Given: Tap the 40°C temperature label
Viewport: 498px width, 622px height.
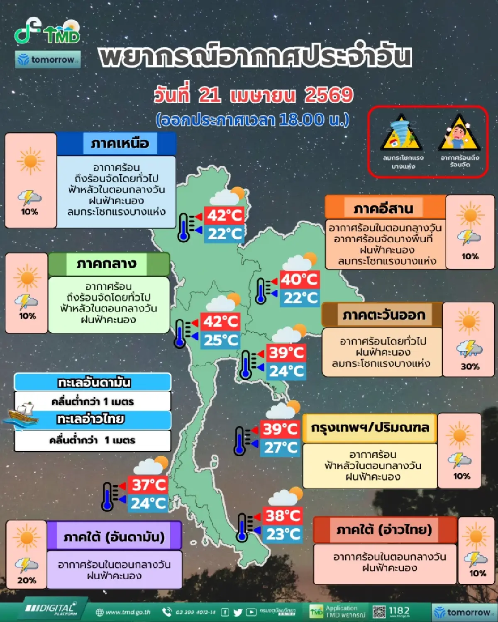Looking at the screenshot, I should click(299, 279).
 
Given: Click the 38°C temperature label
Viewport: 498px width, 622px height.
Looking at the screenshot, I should click(283, 516).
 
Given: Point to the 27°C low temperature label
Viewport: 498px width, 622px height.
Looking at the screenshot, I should click(281, 448).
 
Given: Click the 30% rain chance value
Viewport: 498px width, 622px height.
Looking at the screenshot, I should click(470, 367).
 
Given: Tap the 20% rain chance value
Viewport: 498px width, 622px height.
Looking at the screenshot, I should click(27, 580).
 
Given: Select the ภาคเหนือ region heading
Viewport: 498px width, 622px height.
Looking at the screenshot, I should click(120, 143).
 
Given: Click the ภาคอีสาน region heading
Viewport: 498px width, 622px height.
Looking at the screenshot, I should click(383, 208).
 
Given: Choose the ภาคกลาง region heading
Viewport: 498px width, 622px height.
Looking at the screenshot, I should click(107, 264).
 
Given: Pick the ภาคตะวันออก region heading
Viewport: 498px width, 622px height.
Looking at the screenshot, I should click(384, 315).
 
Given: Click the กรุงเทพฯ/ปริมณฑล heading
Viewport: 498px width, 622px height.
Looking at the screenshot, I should click(370, 428).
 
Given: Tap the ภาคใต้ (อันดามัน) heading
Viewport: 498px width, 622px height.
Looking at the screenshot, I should click(114, 537).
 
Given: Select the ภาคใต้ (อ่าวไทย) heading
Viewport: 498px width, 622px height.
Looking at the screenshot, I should click(384, 530).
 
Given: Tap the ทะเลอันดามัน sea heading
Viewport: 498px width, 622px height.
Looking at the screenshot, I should click(94, 382).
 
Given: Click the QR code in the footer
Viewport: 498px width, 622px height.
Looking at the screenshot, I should click(379, 612).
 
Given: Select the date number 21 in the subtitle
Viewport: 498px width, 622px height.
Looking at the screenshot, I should click(210, 95).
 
